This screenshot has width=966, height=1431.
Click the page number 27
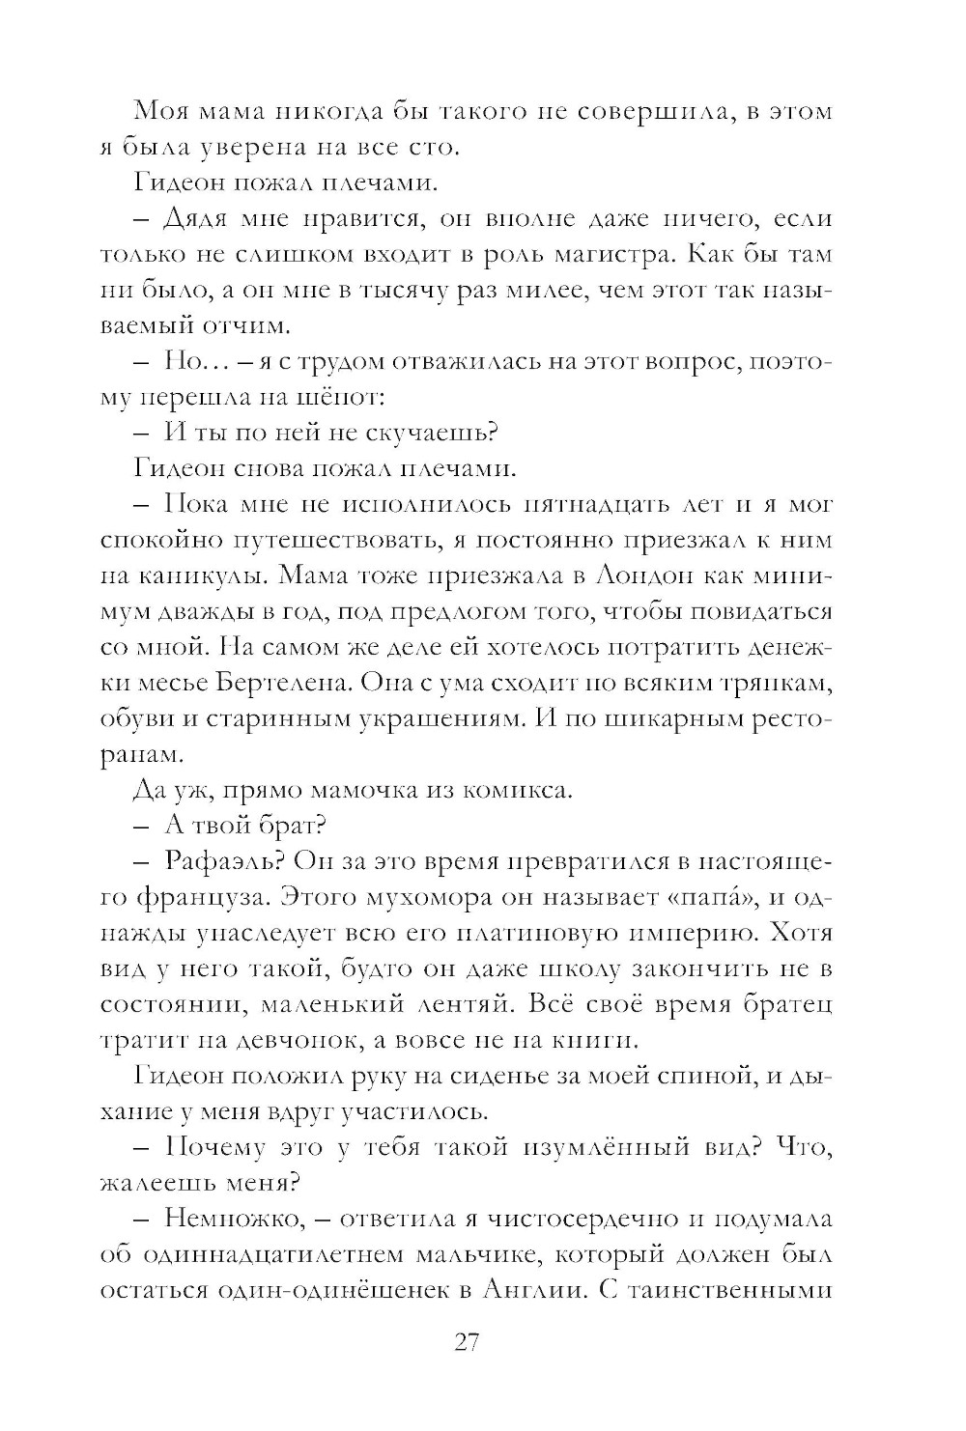[467, 1343]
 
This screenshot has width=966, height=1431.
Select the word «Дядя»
[196, 219]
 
